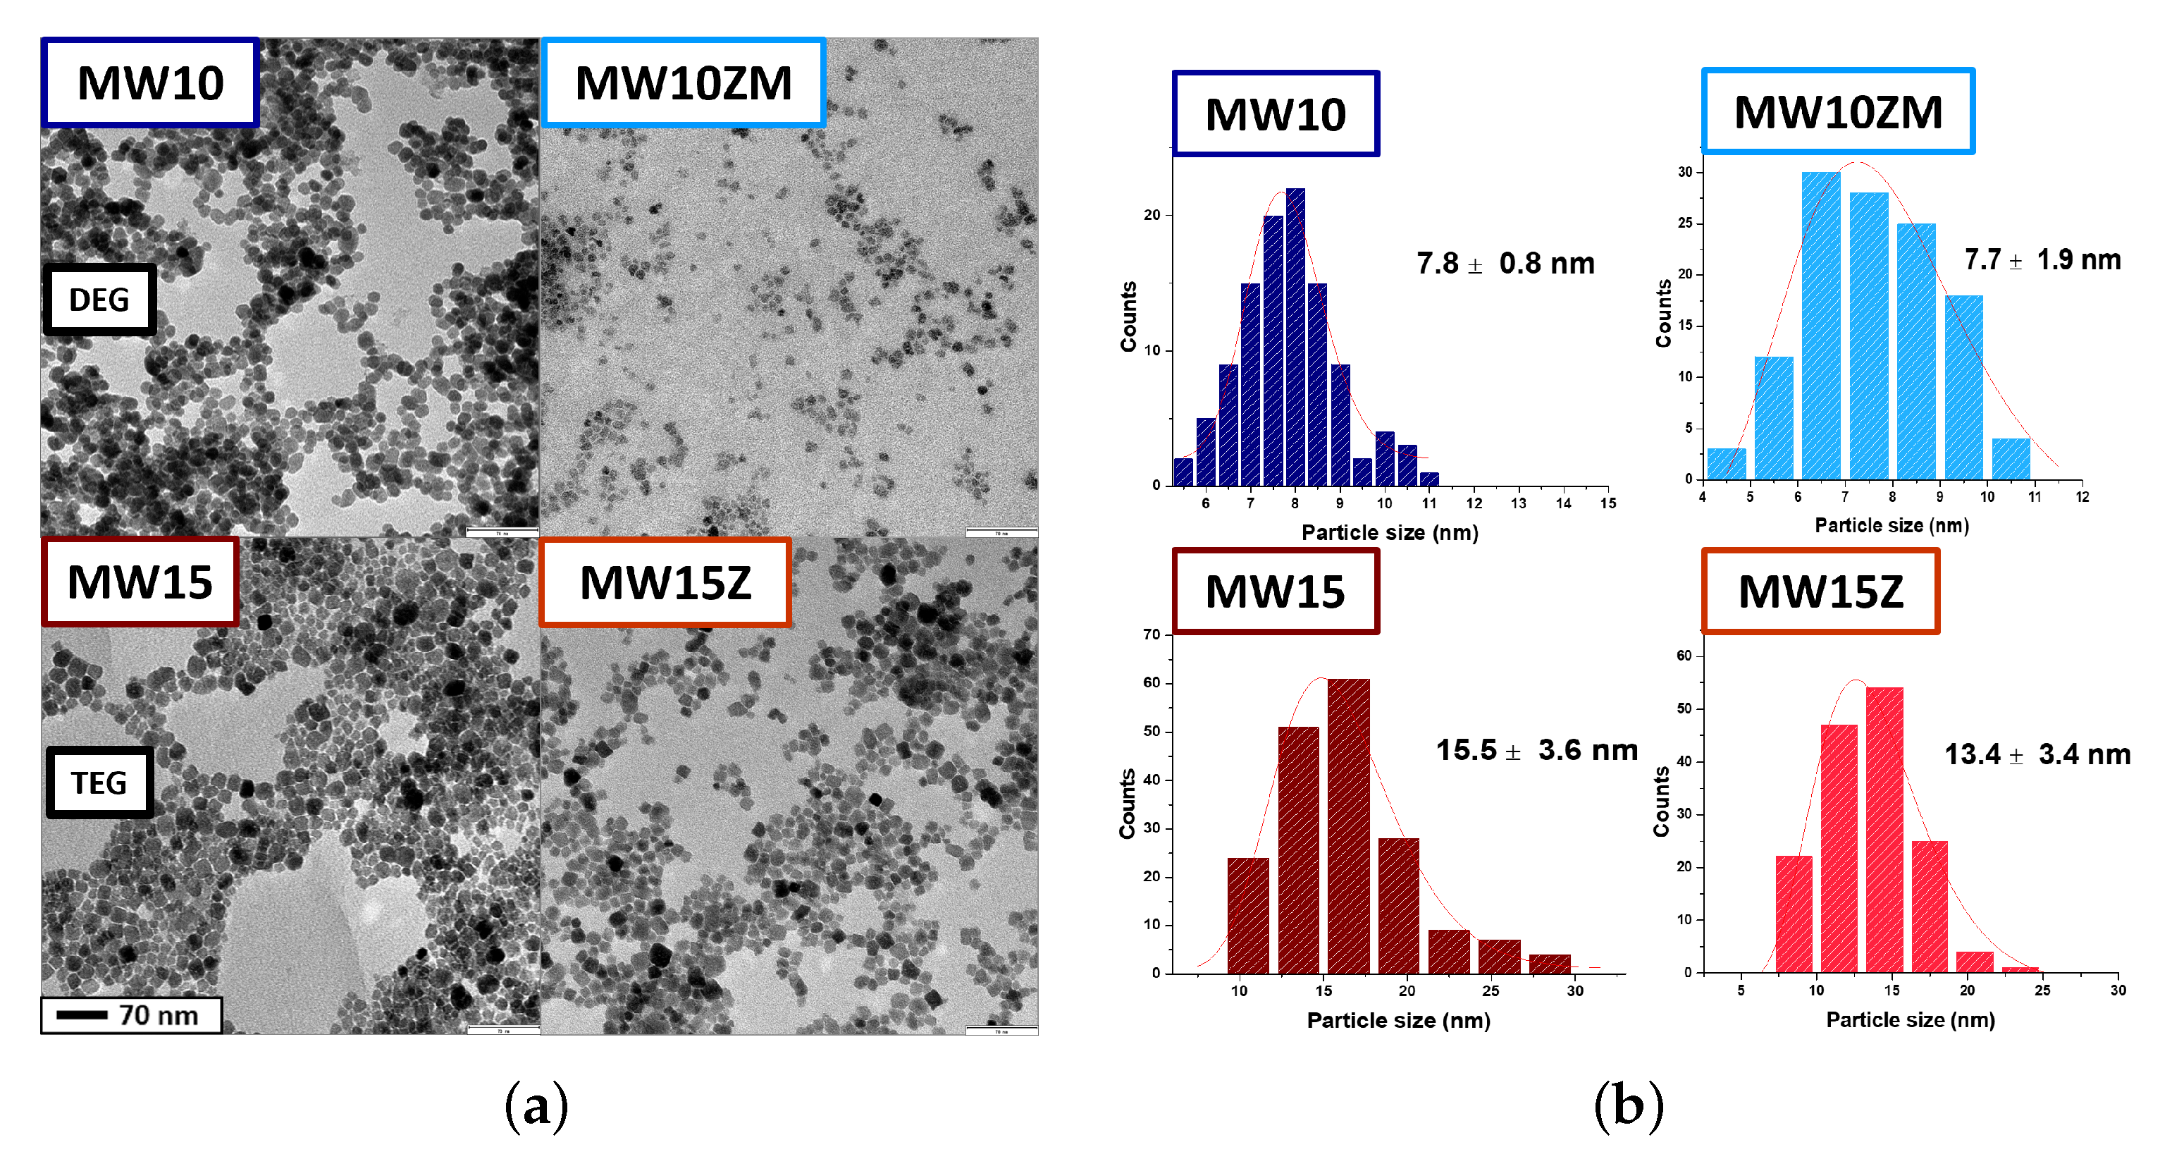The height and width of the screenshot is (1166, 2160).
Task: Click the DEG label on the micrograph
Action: pos(99,300)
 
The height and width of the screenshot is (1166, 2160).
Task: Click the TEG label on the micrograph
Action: pos(99,783)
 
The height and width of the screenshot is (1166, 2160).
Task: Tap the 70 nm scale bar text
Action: pos(158,1015)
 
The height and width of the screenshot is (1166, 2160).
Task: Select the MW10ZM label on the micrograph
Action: pos(683,83)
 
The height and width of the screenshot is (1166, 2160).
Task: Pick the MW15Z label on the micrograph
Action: pos(665,583)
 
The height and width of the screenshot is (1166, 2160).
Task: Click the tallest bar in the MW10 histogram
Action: pos(1295,336)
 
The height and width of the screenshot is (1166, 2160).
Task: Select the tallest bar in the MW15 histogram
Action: pos(1348,826)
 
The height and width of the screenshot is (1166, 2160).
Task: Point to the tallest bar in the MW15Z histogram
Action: pos(1884,830)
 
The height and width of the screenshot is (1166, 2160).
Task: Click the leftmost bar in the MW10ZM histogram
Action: pos(1727,464)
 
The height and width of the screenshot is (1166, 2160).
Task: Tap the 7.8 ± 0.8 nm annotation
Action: pos(1505,264)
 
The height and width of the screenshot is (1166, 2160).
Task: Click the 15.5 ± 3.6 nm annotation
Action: pos(1536,750)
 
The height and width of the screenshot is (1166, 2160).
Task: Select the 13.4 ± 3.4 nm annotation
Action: pos(2037,754)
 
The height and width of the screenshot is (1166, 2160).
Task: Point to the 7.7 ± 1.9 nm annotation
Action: pos(2042,260)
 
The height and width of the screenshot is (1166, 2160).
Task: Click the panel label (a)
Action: pos(536,1105)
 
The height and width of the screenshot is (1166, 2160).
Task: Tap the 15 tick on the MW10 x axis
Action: pos(1607,503)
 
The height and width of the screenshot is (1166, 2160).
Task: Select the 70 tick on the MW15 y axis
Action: pos(1152,634)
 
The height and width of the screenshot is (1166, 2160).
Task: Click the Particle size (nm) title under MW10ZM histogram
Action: pos(1891,526)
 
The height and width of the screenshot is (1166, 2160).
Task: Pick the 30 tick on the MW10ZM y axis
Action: pos(1684,172)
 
